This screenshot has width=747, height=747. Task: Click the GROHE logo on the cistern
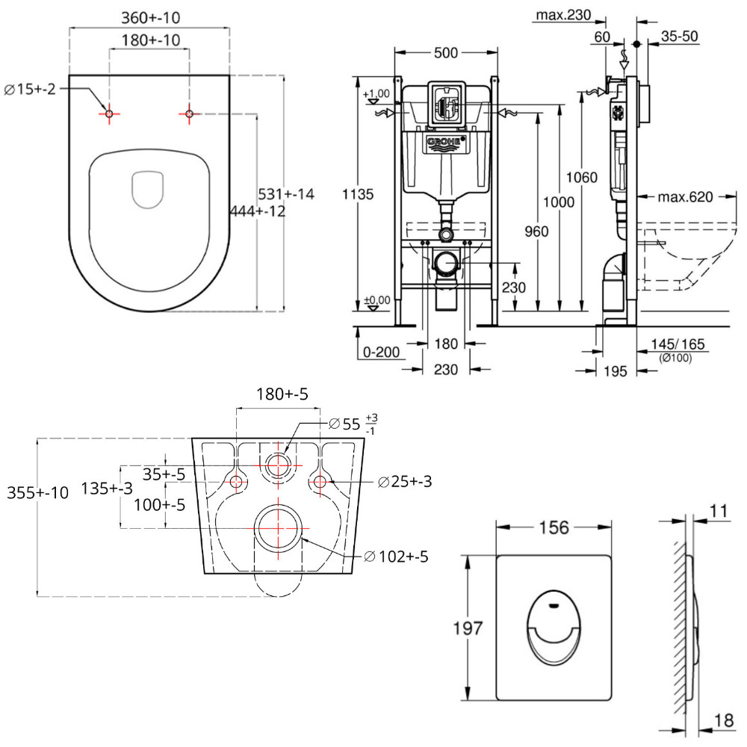[x=446, y=142]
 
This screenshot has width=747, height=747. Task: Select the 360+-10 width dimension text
[x=149, y=17]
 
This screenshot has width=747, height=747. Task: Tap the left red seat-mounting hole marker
[x=109, y=114]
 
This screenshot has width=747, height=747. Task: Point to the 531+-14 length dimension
[x=286, y=193]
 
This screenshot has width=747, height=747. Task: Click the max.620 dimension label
[x=686, y=197]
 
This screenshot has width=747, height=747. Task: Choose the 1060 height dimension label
[x=582, y=178]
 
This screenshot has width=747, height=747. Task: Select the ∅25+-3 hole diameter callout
[x=405, y=482]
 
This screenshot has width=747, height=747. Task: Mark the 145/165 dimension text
[x=676, y=344]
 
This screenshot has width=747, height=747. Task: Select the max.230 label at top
[x=561, y=14]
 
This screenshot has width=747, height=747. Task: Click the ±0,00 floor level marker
[x=377, y=301]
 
